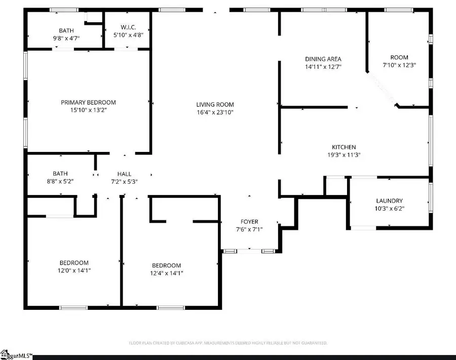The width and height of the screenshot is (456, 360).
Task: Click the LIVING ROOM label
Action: coord(215,105)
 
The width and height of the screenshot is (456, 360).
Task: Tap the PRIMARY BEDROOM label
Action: coord(88,102)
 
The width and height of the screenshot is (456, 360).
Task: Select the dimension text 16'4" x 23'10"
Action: coord(215,112)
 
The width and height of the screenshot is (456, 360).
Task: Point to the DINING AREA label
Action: coord(323,59)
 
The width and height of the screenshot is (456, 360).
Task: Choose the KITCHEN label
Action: coord(344,147)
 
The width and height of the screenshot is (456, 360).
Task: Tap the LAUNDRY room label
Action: coord(389,201)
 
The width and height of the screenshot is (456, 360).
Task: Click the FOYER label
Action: coord(249,222)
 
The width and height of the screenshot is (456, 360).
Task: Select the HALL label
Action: coord(124,174)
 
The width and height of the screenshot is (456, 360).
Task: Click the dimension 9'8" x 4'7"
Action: coord(66,38)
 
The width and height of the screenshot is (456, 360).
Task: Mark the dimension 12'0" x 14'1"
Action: coord(74,270)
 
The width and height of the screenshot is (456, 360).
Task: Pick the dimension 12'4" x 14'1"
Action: coord(167,273)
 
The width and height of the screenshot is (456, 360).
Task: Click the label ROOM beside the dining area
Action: coord(399,57)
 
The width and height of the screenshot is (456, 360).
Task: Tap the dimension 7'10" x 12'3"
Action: coord(399,65)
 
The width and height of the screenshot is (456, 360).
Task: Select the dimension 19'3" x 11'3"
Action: coord(344,155)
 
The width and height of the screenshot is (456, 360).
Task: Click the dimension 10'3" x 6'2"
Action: coord(389,208)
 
